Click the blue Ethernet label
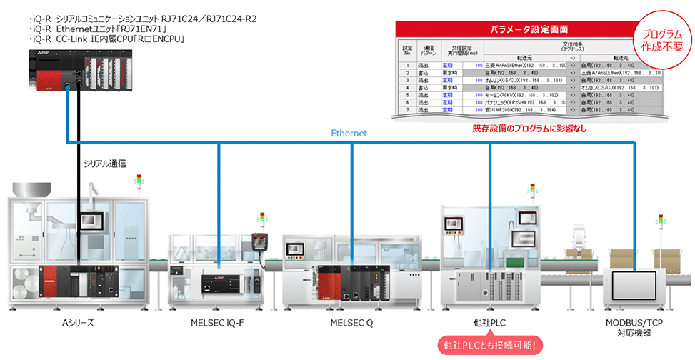pyautogui.click(x=349, y=134)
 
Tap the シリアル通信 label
pyautogui.click(x=105, y=164)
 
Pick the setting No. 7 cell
pyautogui.click(x=407, y=111)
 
